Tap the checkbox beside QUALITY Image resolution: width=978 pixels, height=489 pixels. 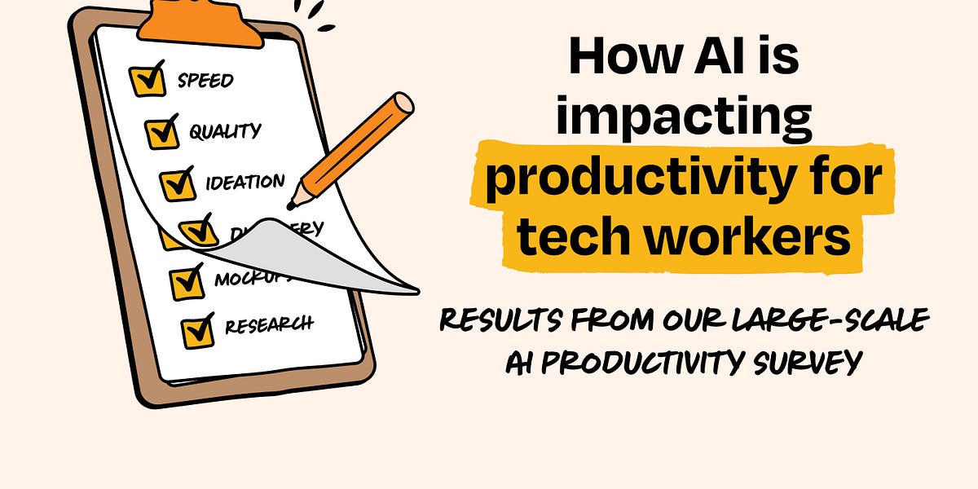pyautogui.click(x=162, y=131)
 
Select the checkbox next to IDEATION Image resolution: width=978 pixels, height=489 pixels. pyautogui.click(x=177, y=183)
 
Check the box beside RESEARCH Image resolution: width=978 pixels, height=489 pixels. pyautogui.click(x=197, y=330)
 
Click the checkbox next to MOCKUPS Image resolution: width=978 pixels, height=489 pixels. pyautogui.click(x=187, y=282)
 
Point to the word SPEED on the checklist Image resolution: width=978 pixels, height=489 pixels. pyautogui.click(x=205, y=80)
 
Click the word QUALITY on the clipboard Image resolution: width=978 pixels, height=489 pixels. pyautogui.click(x=225, y=130)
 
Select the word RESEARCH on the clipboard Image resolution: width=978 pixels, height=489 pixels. pyautogui.click(x=269, y=325)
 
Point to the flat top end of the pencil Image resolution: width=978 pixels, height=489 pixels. pyautogui.click(x=403, y=104)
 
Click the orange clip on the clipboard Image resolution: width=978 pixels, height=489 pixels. pyautogui.click(x=200, y=20)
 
